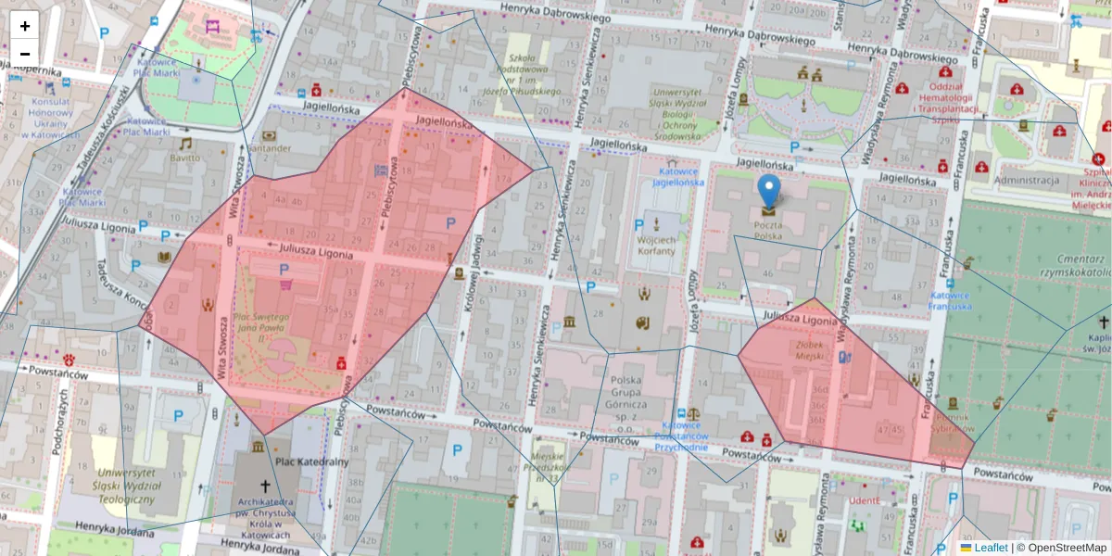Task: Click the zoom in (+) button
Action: pyautogui.click(x=25, y=26)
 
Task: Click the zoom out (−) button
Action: pyautogui.click(x=25, y=53)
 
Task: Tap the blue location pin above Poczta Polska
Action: pyautogui.click(x=768, y=190)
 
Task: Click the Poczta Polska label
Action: pyautogui.click(x=768, y=230)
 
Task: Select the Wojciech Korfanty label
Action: pyautogui.click(x=657, y=245)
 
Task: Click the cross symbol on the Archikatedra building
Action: pyautogui.click(x=266, y=485)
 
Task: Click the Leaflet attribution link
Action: pyautogui.click(x=990, y=548)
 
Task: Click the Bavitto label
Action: pyautogui.click(x=184, y=158)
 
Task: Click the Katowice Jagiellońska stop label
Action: pyautogui.click(x=680, y=177)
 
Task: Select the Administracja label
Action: pyautogui.click(x=1026, y=181)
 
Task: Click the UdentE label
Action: pyautogui.click(x=863, y=501)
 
